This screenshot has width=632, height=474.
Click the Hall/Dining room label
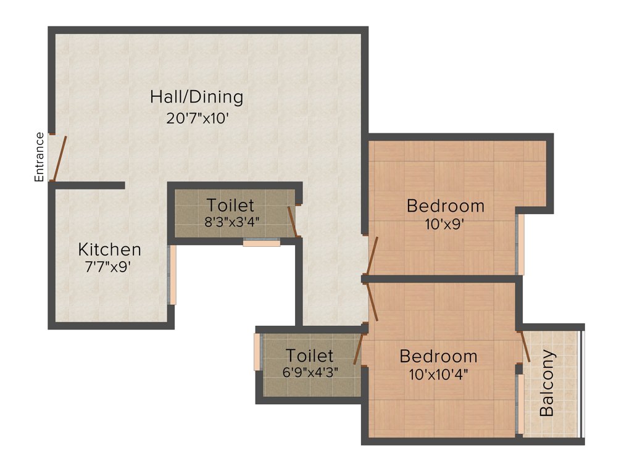[x=197, y=97]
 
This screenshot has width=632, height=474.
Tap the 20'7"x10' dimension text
[x=198, y=118]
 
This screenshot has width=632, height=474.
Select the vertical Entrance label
[x=39, y=157]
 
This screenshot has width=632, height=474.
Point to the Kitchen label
[x=109, y=249]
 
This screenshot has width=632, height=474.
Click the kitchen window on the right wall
[x=173, y=275]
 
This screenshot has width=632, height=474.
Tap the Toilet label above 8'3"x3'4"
[x=230, y=205]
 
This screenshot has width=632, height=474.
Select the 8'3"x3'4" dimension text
[x=231, y=222]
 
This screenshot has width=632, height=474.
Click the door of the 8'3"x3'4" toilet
[x=293, y=222]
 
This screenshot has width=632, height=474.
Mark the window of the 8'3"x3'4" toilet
[x=261, y=243]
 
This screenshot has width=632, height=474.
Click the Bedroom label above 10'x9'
[x=445, y=206]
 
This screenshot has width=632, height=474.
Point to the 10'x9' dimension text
[x=444, y=225]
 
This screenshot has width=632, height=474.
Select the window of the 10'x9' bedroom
[x=520, y=244]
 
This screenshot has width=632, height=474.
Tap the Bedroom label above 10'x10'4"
[x=438, y=356]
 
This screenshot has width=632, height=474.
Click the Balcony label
[x=547, y=383]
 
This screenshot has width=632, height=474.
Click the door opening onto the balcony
[x=525, y=346]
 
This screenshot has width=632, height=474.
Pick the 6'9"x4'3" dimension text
[x=310, y=372]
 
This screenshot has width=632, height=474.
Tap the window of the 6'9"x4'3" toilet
[x=257, y=352]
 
